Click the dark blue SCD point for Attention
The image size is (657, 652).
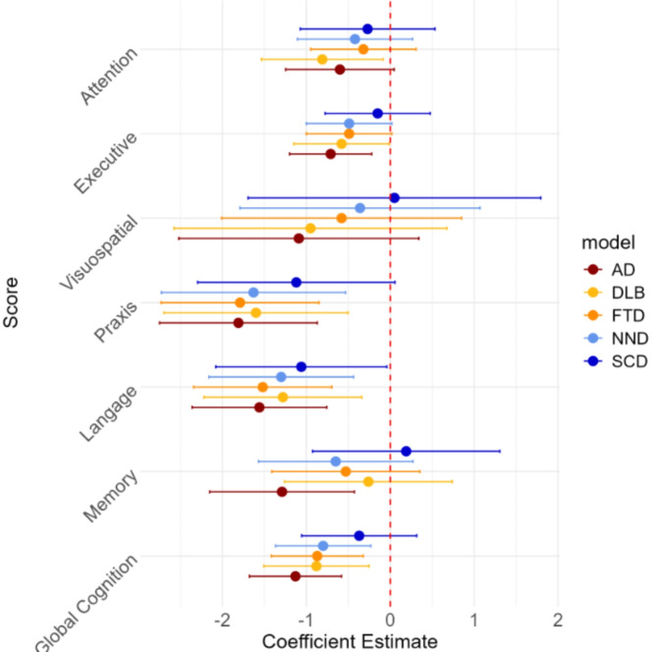367,28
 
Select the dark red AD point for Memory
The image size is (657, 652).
282,491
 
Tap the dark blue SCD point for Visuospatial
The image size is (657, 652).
394,197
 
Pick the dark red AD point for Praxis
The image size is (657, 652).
238,322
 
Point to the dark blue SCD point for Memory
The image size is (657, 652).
407,451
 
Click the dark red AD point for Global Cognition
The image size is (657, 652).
296,575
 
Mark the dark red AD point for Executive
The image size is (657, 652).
330,153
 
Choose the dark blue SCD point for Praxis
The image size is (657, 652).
297,282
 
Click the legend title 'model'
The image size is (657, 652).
608,242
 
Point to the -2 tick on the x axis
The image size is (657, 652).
223,621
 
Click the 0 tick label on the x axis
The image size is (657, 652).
391,621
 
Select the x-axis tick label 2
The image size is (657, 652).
558,621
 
